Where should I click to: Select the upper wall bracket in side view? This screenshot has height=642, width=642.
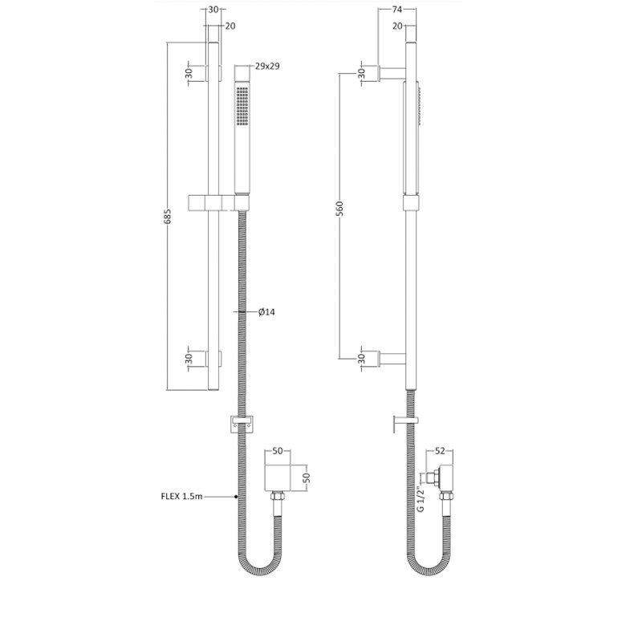pos(392,73)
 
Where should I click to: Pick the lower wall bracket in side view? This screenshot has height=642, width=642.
pos(392,358)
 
